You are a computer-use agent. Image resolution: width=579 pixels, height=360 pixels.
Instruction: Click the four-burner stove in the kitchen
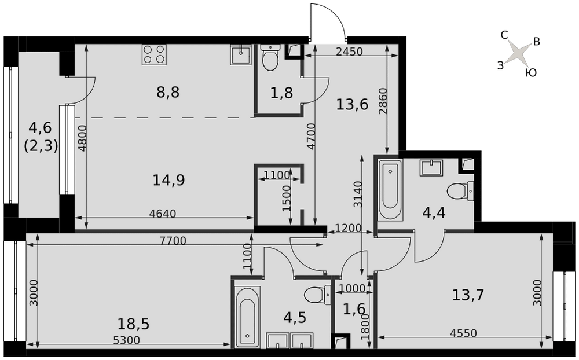[x=154, y=54]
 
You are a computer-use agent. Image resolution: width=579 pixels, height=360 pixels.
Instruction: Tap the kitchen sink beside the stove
[x=241, y=54]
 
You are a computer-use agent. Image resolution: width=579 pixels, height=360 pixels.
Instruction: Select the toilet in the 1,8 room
[x=270, y=57]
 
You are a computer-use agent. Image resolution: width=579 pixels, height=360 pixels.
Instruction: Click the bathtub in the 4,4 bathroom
[x=390, y=190]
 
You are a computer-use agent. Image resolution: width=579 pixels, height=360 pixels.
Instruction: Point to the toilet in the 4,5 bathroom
[x=317, y=295]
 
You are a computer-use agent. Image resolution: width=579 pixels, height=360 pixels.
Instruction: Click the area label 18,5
[x=133, y=324]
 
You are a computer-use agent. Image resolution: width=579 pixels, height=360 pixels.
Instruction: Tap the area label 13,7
[x=468, y=295]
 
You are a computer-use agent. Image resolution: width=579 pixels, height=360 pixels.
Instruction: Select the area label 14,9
[x=168, y=180]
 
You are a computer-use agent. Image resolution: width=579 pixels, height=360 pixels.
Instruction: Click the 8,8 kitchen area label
[x=168, y=92]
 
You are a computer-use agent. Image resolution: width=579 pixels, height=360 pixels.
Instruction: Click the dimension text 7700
[x=173, y=241]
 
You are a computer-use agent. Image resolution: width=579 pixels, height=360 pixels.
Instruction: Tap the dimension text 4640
[x=163, y=214]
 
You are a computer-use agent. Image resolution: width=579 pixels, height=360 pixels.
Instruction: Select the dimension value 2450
[x=349, y=52]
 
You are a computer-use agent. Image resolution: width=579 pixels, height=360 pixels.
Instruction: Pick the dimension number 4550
[x=463, y=333]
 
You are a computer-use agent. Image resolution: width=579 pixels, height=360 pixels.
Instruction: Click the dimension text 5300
[x=126, y=340]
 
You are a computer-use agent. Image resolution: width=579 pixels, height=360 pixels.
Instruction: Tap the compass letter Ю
[x=530, y=73]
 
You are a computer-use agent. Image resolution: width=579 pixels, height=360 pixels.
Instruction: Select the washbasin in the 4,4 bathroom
[x=431, y=168]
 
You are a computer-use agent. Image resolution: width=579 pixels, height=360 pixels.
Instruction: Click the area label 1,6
[x=354, y=309]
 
